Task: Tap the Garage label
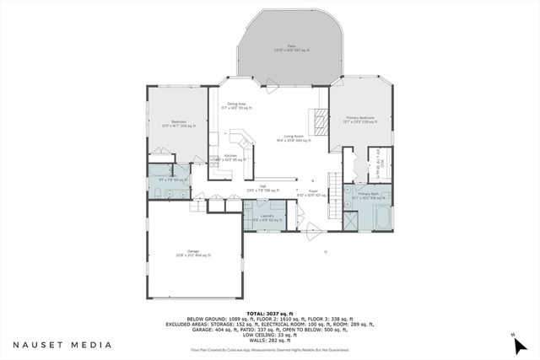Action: pyautogui.click(x=193, y=253)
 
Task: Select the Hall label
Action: pyautogui.click(x=262, y=189)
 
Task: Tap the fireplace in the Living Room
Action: pyautogui.click(x=319, y=123)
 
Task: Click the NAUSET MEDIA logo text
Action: pyautogui.click(x=62, y=345)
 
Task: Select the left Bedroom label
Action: pyautogui.click(x=178, y=123)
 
